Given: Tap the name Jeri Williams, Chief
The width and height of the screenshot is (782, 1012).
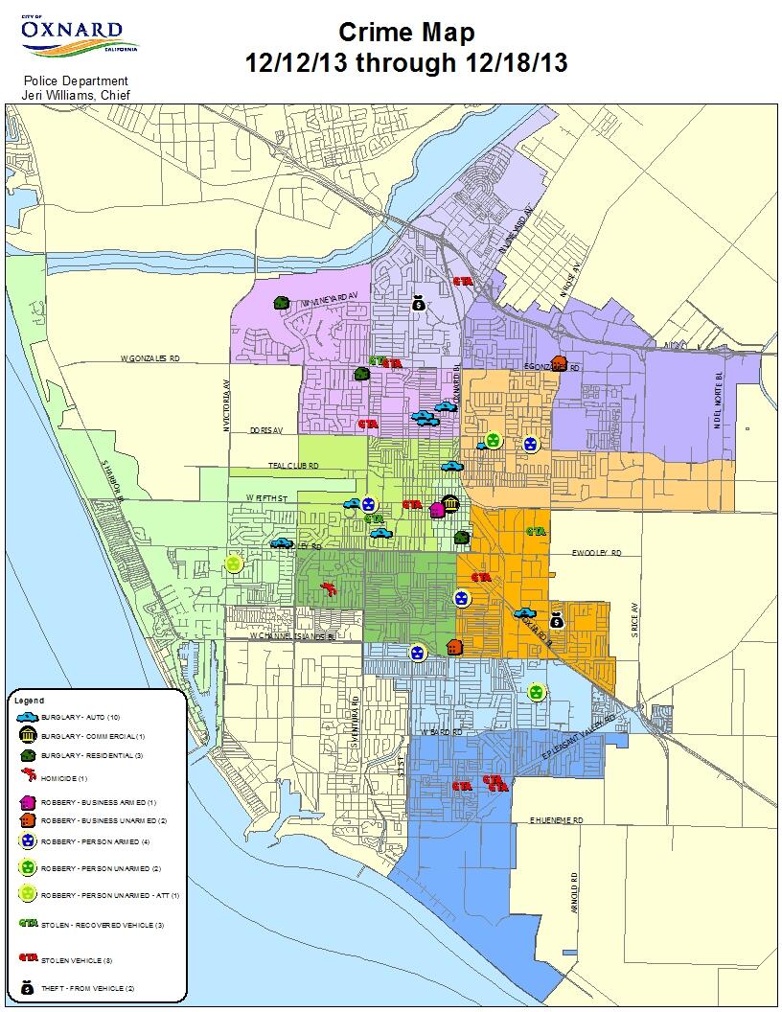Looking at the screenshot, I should tap(75, 93).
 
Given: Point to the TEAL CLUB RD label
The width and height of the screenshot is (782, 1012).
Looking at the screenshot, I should tap(293, 465).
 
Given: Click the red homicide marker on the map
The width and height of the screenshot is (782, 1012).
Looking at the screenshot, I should tap(329, 588).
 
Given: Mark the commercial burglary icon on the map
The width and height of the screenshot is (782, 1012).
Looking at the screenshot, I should tap(450, 504).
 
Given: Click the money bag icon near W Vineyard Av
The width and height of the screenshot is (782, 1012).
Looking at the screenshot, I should tap(419, 304).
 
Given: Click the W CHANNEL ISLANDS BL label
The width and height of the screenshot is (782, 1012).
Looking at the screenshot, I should tap(292, 636).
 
